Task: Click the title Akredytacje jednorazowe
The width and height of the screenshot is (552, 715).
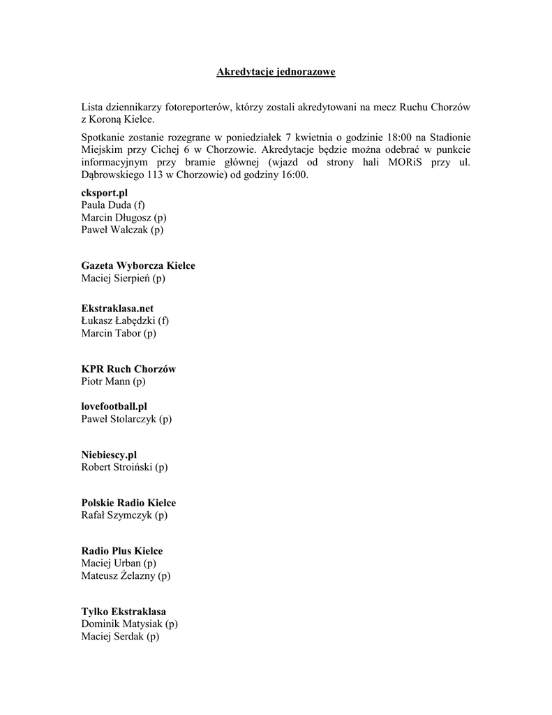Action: point(276,72)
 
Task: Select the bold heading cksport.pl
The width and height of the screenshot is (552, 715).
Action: point(105,192)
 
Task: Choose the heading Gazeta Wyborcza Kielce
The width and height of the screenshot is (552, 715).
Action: point(138,265)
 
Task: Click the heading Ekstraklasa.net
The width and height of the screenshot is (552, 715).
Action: point(117,308)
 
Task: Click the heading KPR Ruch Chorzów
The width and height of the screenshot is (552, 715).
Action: point(128,369)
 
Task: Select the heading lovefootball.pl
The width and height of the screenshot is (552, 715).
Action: point(114,406)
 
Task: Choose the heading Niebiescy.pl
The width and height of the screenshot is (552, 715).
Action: point(109,454)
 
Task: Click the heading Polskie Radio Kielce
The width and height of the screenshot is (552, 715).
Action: point(128,503)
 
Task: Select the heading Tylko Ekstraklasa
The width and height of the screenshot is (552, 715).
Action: point(124,612)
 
